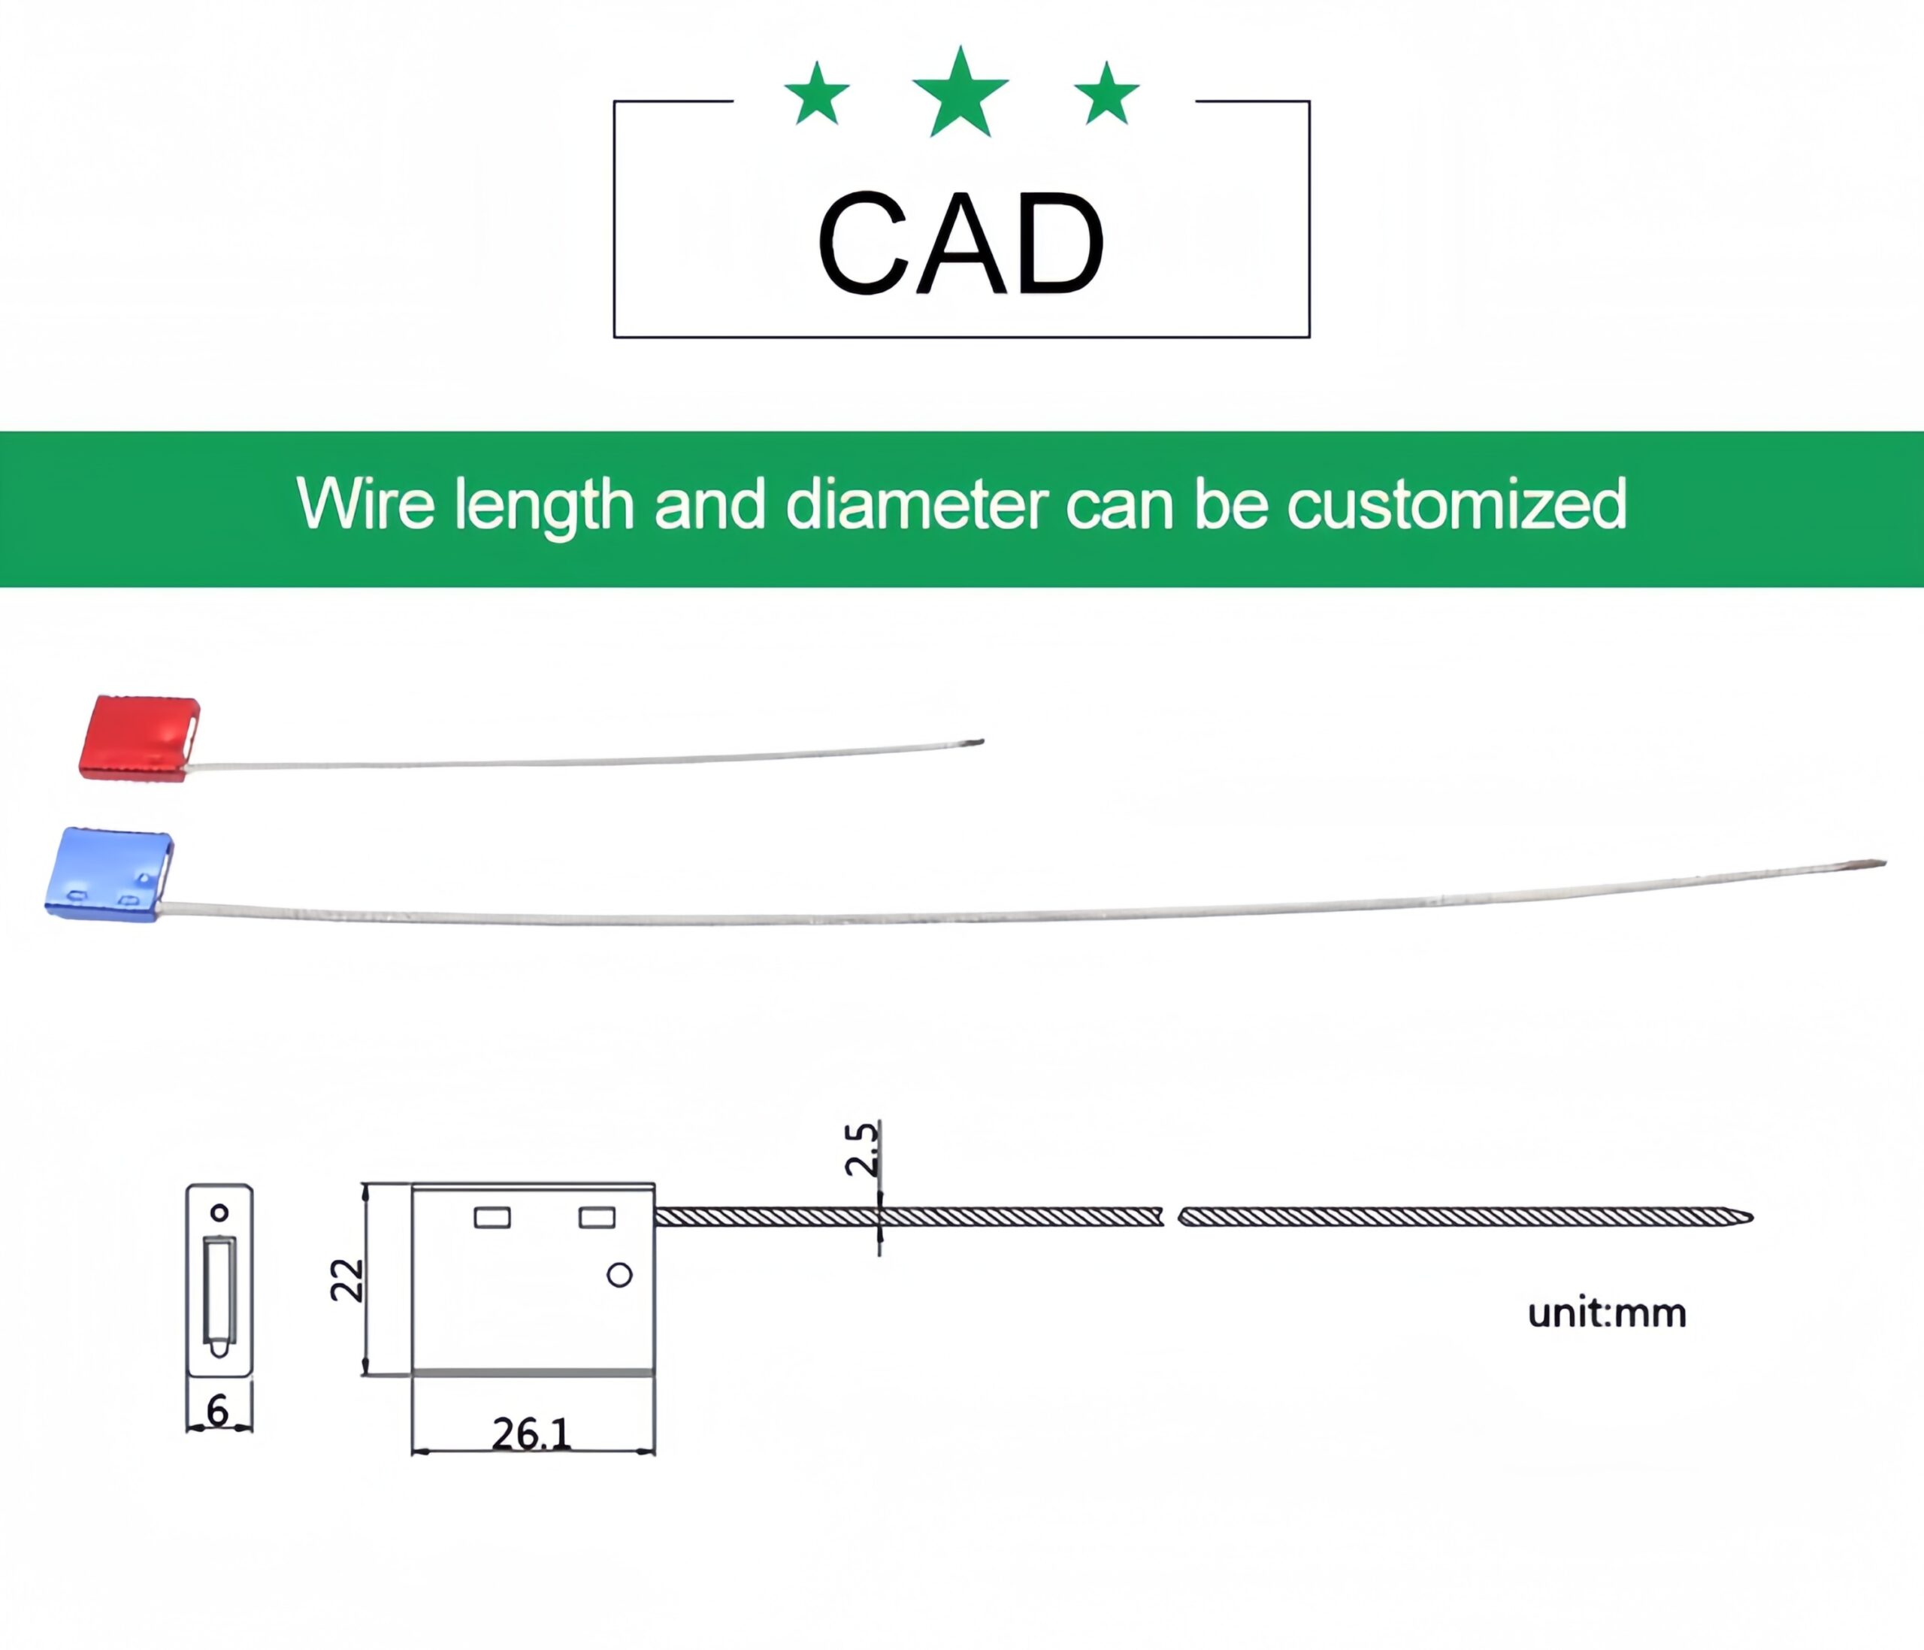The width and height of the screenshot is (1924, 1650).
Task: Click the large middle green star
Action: (960, 95)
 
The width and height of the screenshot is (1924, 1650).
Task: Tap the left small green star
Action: (817, 95)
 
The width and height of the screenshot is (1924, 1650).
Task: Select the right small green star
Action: (1106, 95)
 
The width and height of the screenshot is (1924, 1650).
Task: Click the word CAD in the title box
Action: (960, 244)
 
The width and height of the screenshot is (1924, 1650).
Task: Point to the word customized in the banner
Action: (1456, 504)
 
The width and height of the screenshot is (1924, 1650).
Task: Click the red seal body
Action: (139, 738)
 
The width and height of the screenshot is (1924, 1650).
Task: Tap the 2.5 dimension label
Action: (861, 1149)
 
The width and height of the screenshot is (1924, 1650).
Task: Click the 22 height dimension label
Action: (347, 1280)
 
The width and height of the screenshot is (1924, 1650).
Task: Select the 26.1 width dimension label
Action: (531, 1434)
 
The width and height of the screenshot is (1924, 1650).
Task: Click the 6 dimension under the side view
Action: (217, 1412)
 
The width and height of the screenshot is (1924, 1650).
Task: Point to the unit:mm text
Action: (1606, 1314)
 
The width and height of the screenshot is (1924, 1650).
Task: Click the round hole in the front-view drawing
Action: (619, 1276)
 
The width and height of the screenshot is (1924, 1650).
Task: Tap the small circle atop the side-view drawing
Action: (219, 1213)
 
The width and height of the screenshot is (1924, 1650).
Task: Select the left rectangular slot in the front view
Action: (492, 1217)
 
